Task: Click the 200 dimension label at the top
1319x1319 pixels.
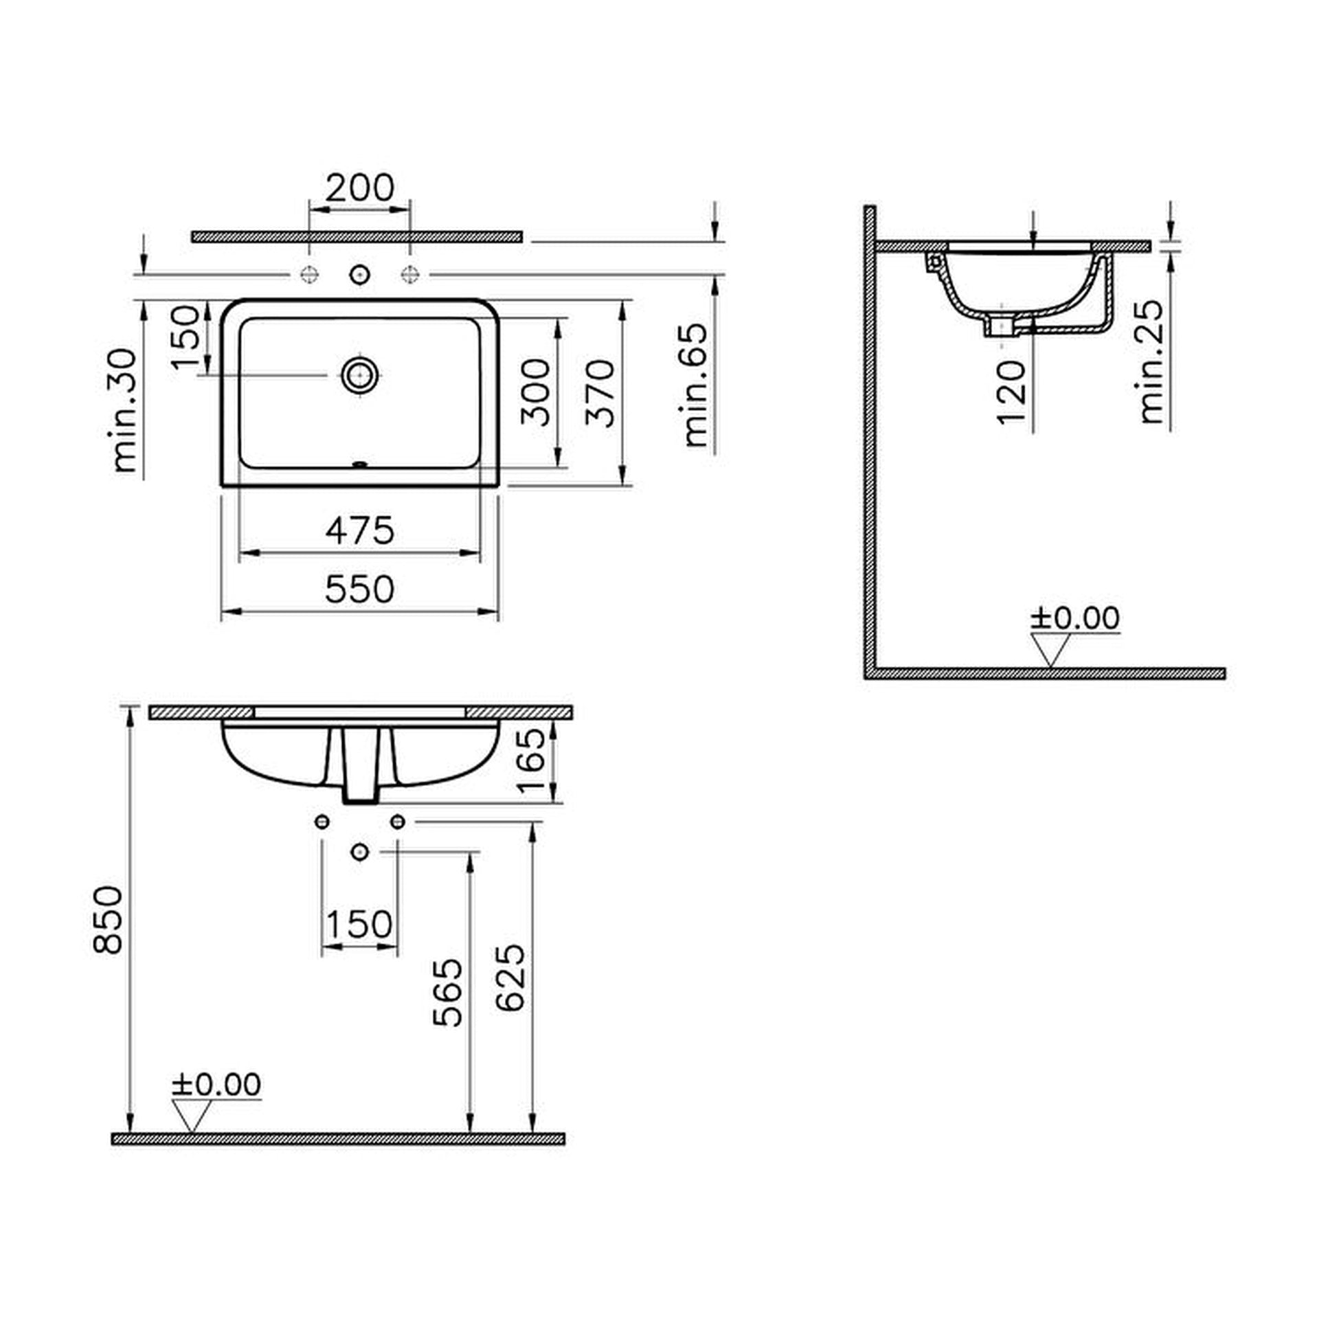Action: (359, 188)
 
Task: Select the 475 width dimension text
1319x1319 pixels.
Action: (360, 530)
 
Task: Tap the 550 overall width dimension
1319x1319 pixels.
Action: (360, 589)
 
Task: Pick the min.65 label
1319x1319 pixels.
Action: (696, 385)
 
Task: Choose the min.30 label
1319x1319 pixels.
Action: (125, 410)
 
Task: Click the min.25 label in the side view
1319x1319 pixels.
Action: (1151, 361)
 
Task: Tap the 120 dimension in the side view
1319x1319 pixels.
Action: (1011, 392)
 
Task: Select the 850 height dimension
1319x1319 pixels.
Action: (108, 920)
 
